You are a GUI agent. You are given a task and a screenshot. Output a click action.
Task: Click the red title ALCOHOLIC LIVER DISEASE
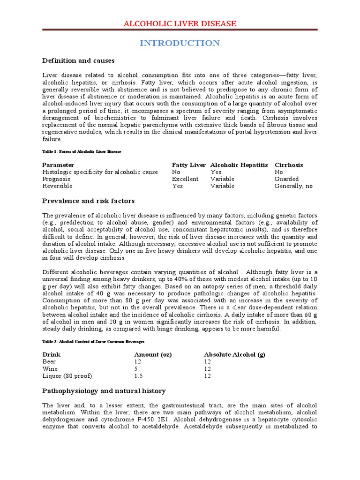coord(180,24)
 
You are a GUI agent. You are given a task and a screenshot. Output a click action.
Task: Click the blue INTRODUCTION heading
coord(180,43)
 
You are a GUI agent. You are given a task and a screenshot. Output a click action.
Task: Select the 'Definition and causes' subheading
coord(78,61)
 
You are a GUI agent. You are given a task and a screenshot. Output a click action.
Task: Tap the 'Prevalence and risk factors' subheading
coord(88,201)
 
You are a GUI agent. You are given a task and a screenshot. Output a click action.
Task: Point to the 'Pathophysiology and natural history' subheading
coord(104,390)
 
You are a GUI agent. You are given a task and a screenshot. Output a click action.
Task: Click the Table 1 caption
coord(82,152)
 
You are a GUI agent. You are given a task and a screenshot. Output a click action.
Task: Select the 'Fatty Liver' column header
coord(188,165)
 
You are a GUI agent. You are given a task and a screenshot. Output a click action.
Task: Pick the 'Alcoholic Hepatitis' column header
coord(239,165)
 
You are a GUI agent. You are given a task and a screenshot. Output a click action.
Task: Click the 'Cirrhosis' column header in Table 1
coord(289,165)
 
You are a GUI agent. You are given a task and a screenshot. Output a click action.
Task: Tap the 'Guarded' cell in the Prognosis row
coord(285,179)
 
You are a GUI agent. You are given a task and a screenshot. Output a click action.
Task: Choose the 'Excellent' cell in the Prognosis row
coord(185,179)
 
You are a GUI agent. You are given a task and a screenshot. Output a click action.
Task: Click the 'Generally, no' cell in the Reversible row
coord(293,186)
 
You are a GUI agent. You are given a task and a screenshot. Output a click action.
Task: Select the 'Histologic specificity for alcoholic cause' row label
coord(100,172)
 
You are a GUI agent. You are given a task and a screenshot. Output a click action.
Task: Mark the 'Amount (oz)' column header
coord(153,354)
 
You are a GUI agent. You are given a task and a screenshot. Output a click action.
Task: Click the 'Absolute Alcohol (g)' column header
coord(234,354)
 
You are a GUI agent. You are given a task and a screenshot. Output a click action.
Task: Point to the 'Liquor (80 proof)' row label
coord(67,375)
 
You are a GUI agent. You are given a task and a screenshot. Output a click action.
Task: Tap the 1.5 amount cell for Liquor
coord(138,375)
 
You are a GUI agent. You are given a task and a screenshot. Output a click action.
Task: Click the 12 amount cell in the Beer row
coord(138,361)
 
